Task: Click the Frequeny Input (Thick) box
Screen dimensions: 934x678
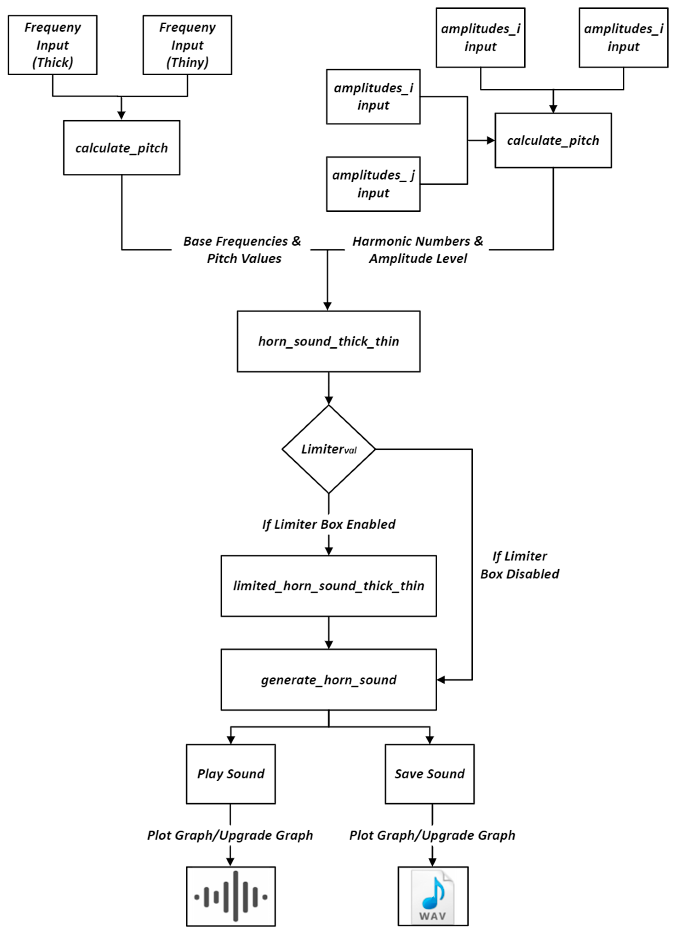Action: [x=52, y=45]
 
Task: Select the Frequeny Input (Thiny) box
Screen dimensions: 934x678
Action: [x=187, y=45]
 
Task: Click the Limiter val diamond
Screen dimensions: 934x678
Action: [x=328, y=449]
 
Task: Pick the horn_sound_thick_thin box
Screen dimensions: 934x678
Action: [x=328, y=341]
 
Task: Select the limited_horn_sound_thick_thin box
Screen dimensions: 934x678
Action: [x=328, y=586]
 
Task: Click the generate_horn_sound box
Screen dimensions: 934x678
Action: [x=328, y=680]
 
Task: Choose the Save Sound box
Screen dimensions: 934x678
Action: [x=430, y=774]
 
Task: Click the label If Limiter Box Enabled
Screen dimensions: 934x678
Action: [x=328, y=524]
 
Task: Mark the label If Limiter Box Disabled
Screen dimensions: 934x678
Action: [x=519, y=565]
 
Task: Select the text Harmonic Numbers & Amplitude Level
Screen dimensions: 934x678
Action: [x=418, y=250]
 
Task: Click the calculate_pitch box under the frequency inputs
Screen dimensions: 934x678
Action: [x=122, y=148]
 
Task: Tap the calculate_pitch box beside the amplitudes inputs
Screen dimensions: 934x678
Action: [x=553, y=140]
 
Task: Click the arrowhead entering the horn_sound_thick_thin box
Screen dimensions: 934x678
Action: [x=327, y=306]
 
